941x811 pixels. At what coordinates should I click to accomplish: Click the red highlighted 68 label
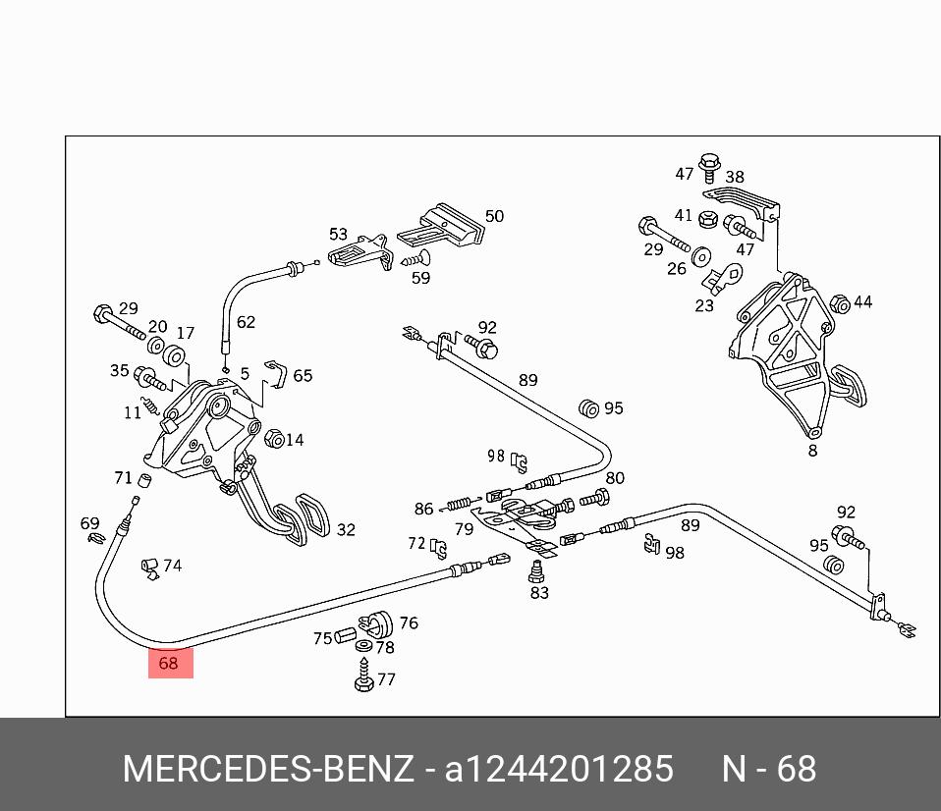[170, 663]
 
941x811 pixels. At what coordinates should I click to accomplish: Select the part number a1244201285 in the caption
[560, 769]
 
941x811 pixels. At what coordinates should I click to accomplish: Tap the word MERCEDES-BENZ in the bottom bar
[267, 769]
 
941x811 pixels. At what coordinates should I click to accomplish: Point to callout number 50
[494, 216]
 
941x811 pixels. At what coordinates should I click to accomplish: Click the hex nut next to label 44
[840, 303]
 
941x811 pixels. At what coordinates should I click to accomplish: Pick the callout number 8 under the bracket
[812, 451]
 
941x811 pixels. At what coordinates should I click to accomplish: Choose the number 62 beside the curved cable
[246, 322]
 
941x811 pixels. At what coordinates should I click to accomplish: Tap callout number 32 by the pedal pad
[346, 530]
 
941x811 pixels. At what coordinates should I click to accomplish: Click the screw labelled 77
[362, 677]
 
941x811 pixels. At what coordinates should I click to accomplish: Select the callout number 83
[539, 593]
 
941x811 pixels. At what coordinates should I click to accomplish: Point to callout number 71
[123, 478]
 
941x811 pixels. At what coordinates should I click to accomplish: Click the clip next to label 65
[278, 374]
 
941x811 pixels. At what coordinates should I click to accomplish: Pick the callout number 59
[420, 278]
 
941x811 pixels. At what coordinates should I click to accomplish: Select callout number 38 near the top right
[735, 178]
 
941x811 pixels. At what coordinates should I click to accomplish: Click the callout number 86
[423, 509]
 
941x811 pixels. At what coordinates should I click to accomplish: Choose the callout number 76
[409, 622]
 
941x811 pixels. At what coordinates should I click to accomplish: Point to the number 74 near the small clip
[172, 566]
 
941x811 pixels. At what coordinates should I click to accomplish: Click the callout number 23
[704, 305]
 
